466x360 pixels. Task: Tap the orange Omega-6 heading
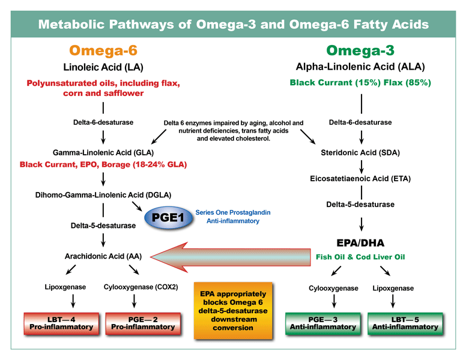pyautogui.click(x=103, y=50)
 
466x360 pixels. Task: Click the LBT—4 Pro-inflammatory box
pyautogui.click(x=61, y=323)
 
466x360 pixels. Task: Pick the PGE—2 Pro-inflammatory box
pyautogui.click(x=142, y=323)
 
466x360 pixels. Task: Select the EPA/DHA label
pyautogui.click(x=360, y=243)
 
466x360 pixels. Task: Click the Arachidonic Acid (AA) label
pyautogui.click(x=103, y=256)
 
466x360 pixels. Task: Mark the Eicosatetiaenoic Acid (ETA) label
pyautogui.click(x=360, y=178)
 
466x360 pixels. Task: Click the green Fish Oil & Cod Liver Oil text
pyautogui.click(x=360, y=257)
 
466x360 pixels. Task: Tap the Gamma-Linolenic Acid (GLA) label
pyautogui.click(x=103, y=152)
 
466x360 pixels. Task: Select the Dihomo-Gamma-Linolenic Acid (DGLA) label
pyautogui.click(x=103, y=194)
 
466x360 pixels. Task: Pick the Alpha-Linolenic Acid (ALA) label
pyautogui.click(x=360, y=66)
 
